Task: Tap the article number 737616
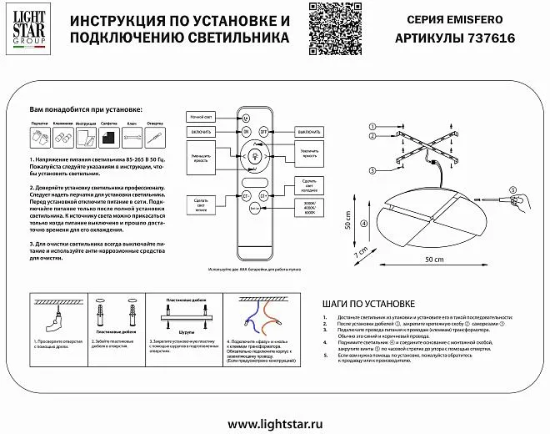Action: (488, 38)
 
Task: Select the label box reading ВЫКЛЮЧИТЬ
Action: (309, 132)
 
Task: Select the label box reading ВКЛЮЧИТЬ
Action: (199, 132)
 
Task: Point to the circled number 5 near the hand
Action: (513, 190)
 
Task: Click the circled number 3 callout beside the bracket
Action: (368, 169)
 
